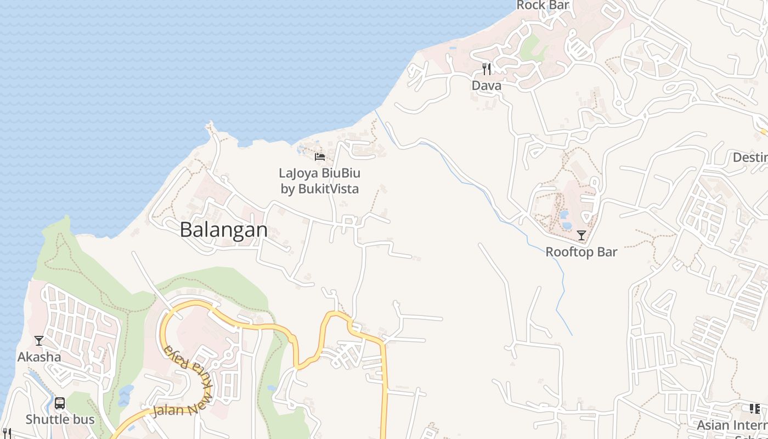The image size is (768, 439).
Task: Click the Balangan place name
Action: point(224,229)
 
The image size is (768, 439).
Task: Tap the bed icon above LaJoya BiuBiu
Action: point(320,157)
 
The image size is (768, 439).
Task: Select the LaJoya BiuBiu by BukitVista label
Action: point(320,181)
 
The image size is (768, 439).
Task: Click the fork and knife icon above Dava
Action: point(487,69)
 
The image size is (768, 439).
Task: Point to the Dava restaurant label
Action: point(487,86)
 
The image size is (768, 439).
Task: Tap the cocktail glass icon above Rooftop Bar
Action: point(581,235)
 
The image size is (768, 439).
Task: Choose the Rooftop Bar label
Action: point(581,252)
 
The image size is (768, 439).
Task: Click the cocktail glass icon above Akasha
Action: point(39,341)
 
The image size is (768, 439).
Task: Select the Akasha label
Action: point(39,357)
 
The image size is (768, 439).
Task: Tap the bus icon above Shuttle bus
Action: point(60,403)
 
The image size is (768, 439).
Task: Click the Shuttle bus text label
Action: point(60,420)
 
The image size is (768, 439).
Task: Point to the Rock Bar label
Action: point(543,5)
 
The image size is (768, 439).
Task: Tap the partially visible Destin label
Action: point(750,157)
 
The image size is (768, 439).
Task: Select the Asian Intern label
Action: point(732,425)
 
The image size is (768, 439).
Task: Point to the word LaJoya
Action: point(298,173)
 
